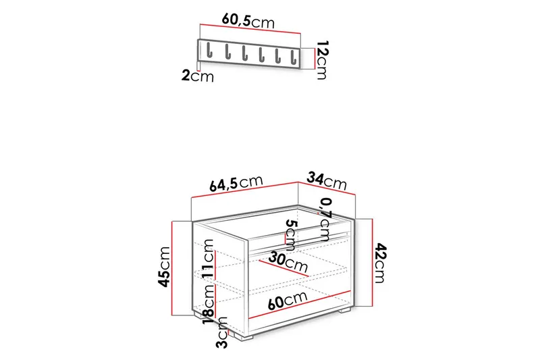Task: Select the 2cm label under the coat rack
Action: [197, 76]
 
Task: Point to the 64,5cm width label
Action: [236, 183]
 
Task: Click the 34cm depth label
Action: [327, 180]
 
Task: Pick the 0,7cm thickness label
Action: [325, 218]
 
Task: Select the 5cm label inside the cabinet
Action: [291, 234]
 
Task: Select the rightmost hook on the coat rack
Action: [293, 51]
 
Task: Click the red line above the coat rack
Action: [250, 32]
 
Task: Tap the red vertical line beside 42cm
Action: [372, 263]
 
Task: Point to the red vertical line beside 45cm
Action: [173, 268]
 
